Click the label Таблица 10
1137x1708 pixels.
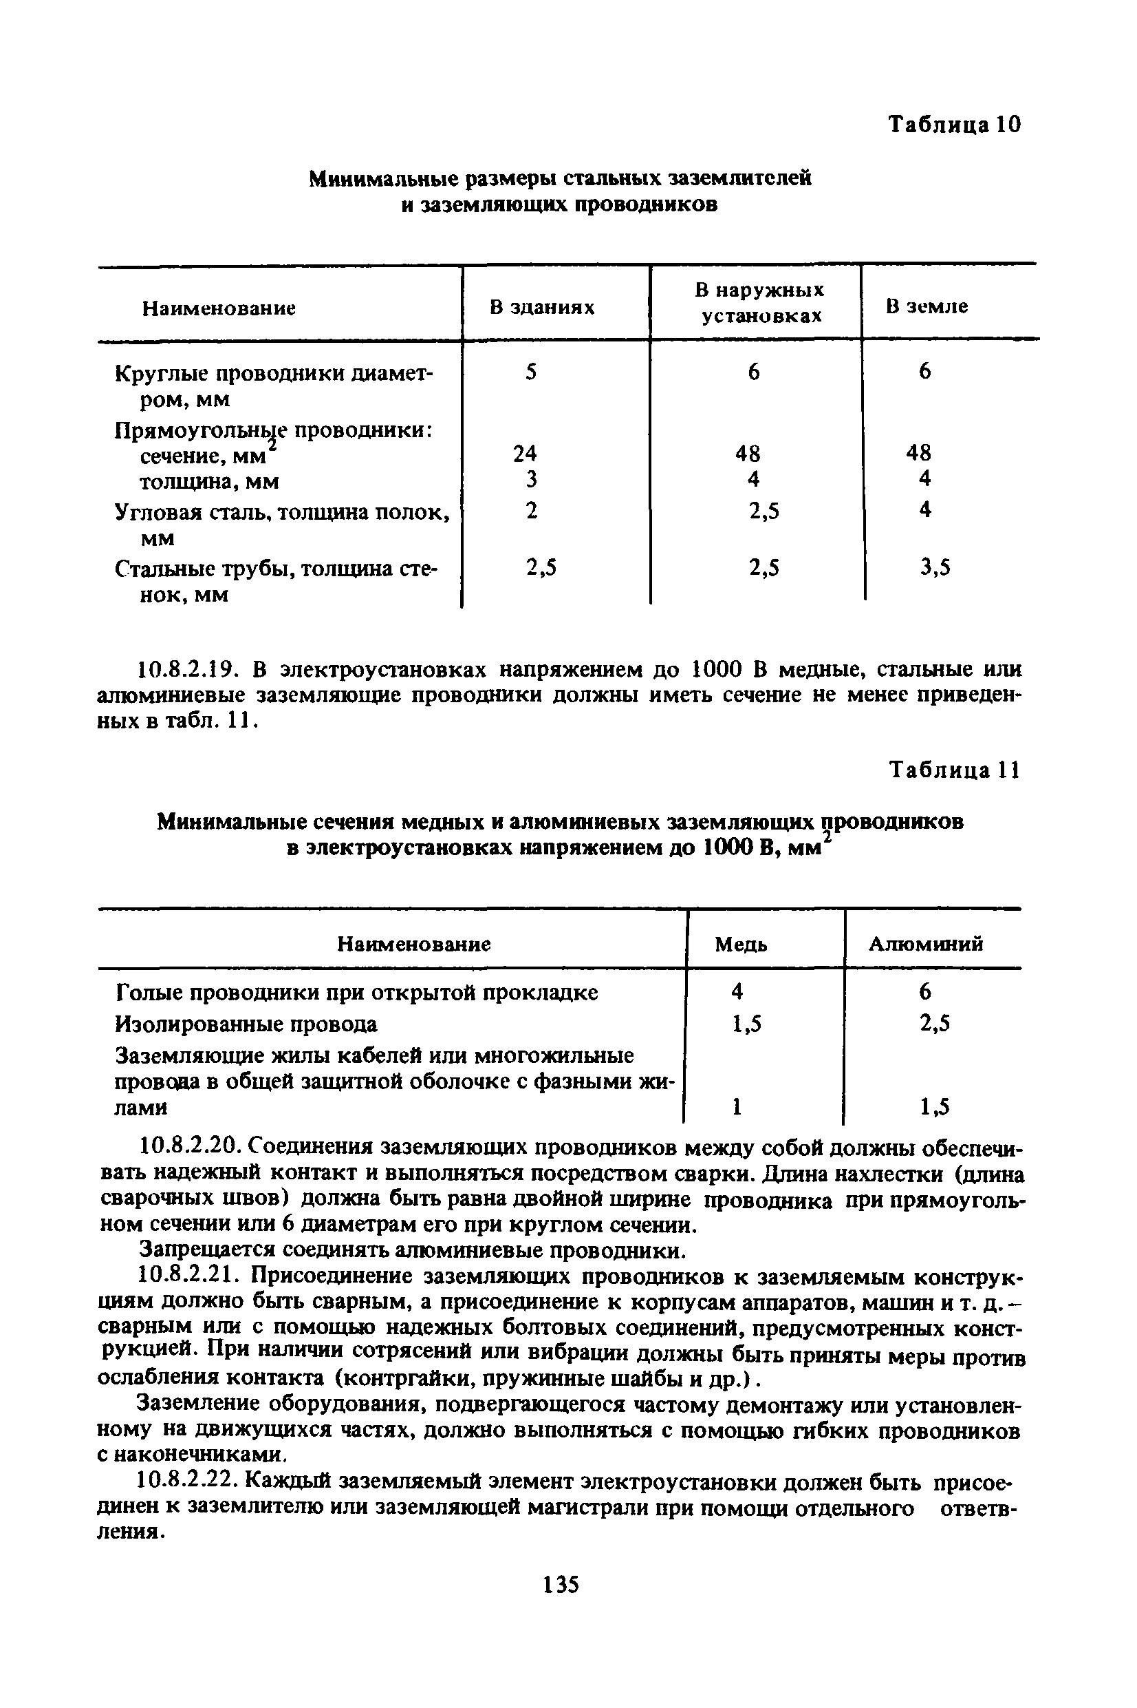pyautogui.click(x=954, y=125)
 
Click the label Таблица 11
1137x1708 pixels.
pyautogui.click(x=954, y=770)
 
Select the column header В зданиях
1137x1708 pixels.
pyautogui.click(x=541, y=308)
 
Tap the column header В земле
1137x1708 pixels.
pyautogui.click(x=927, y=306)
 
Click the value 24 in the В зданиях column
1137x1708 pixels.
pyautogui.click(x=525, y=454)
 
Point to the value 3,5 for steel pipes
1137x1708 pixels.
pyautogui.click(x=935, y=567)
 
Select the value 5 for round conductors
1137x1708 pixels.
pyautogui.click(x=532, y=372)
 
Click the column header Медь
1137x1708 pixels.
pyautogui.click(x=740, y=944)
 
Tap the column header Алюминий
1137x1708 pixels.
pyautogui.click(x=926, y=943)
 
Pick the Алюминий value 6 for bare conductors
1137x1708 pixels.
pyautogui.click(x=925, y=992)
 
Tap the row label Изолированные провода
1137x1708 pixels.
pyautogui.click(x=246, y=1024)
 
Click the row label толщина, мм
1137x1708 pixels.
pyautogui.click(x=209, y=482)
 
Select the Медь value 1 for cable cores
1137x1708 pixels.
pyautogui.click(x=737, y=1106)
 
